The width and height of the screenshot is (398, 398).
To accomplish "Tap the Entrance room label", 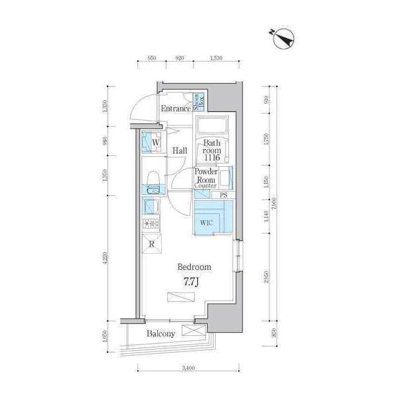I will [x=176, y=109].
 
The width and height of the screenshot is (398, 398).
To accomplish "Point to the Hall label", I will [x=180, y=150].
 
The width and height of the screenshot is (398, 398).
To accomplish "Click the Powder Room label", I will [x=205, y=176].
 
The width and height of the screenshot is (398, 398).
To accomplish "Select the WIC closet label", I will [x=207, y=223].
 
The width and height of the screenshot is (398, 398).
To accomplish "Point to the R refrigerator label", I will [x=152, y=243].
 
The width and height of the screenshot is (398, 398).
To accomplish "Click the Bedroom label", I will [x=195, y=267].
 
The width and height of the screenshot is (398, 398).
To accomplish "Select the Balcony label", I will [x=160, y=333].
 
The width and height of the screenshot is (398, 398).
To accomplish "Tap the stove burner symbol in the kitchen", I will [x=151, y=224].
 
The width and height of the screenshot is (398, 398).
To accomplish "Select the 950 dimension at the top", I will [x=151, y=58].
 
